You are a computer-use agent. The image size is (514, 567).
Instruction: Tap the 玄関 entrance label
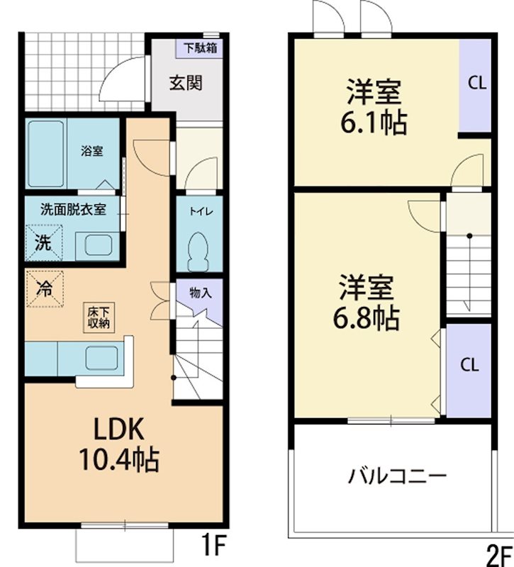click(186, 82)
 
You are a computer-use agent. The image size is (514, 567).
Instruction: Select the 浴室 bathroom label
click(91, 151)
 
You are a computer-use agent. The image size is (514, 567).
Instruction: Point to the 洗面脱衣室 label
click(73, 209)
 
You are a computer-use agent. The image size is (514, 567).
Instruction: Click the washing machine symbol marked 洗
click(44, 242)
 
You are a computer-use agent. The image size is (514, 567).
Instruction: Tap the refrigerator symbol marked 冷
click(44, 288)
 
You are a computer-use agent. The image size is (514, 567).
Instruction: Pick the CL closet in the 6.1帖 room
click(476, 83)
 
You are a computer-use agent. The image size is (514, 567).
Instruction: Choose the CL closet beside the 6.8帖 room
click(469, 366)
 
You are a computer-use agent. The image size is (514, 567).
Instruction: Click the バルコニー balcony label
click(396, 475)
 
